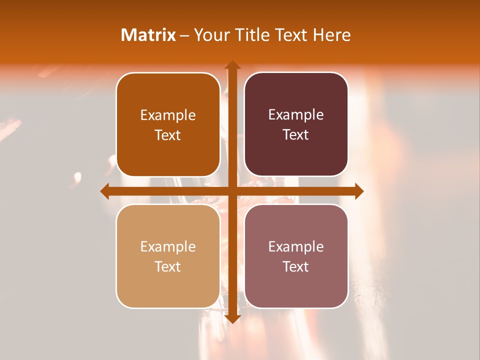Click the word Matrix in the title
[148, 35]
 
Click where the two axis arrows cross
[232, 191]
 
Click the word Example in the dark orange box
[168, 115]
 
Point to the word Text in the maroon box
[296, 135]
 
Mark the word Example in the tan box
[168, 246]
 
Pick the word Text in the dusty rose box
[296, 266]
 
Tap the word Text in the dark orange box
[168, 135]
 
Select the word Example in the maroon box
[296, 115]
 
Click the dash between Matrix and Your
[184, 35]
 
